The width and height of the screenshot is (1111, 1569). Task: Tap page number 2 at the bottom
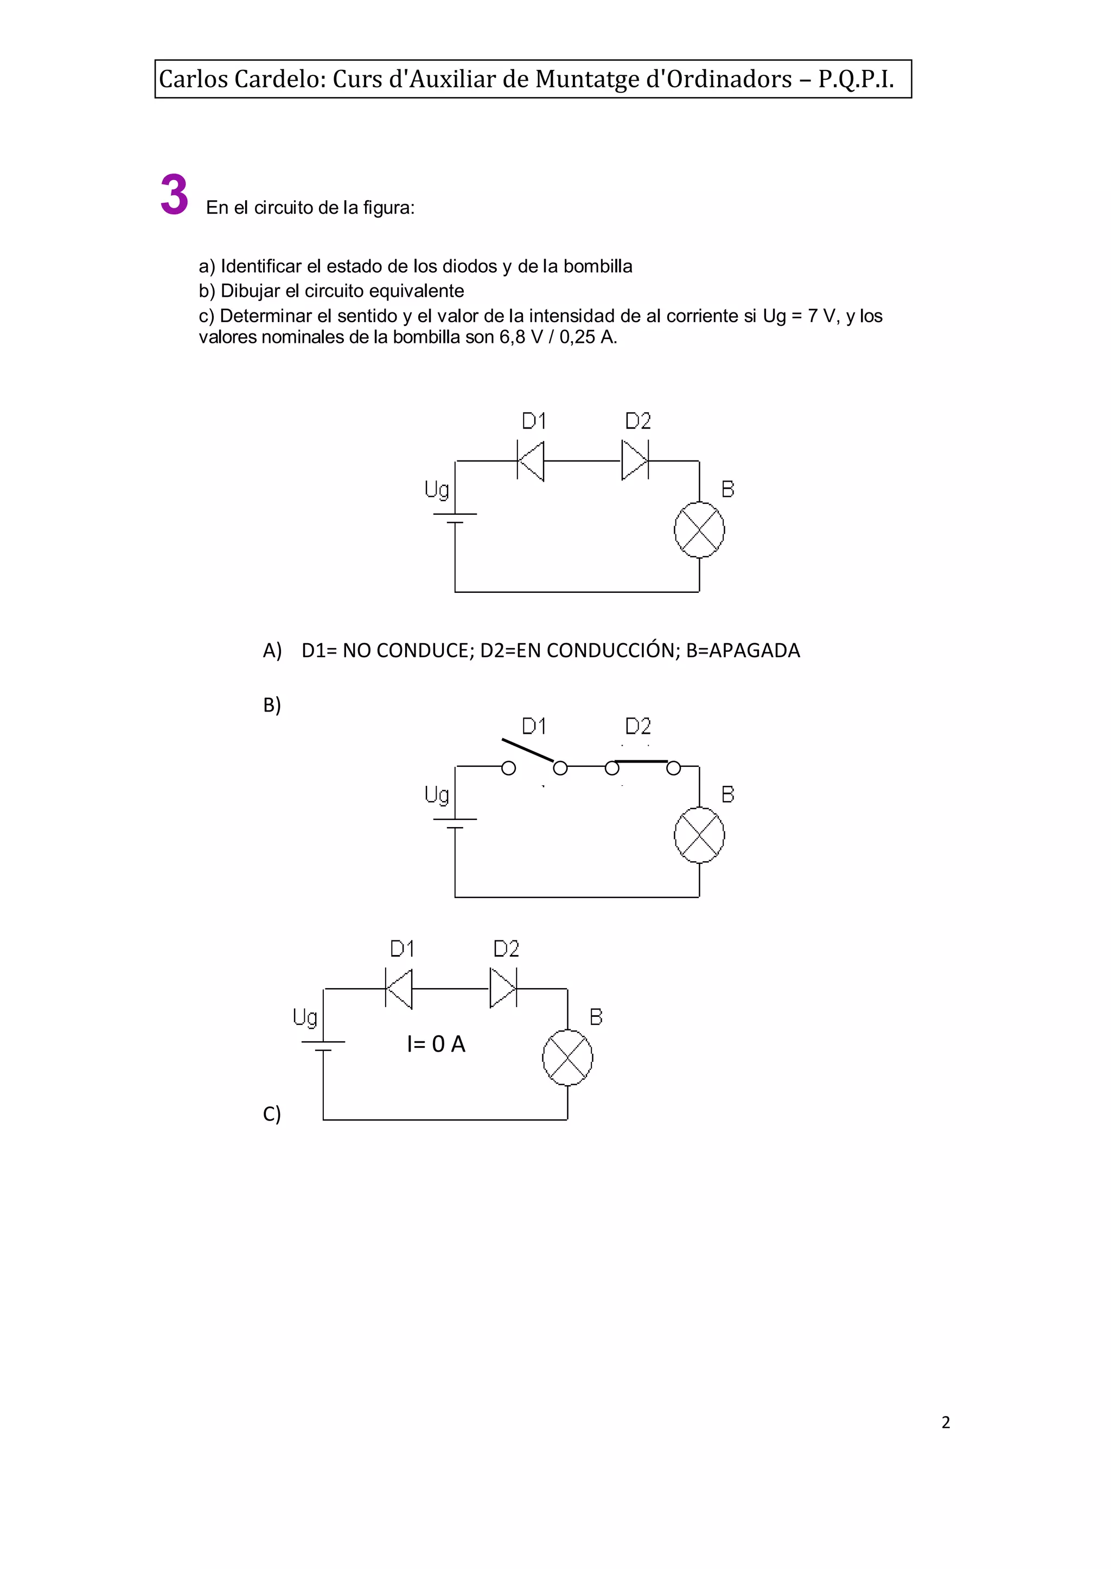(946, 1423)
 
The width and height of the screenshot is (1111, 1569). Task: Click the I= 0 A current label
(436, 1045)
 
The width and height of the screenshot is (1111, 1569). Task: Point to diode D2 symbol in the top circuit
(635, 461)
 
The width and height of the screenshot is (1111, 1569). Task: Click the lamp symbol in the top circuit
(699, 530)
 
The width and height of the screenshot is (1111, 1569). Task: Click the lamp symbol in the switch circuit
(699, 835)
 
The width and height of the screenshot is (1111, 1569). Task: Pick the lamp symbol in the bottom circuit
(567, 1058)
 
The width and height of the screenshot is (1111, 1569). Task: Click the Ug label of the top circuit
(437, 490)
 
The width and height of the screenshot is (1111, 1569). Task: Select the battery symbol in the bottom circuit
(323, 1046)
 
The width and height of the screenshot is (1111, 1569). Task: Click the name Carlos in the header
(194, 79)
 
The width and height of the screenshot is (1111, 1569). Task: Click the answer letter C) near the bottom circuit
(272, 1114)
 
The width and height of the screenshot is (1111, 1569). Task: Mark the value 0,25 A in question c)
(587, 337)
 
